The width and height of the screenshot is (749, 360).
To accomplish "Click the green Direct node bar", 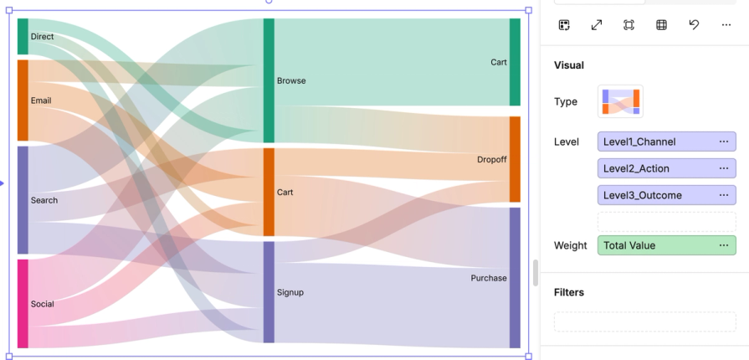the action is pos(23,37).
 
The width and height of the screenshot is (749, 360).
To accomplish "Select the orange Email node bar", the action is pos(23,100).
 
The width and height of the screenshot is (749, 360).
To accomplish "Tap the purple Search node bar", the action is pos(23,200).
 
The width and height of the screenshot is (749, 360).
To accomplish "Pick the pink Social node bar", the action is pos(23,303).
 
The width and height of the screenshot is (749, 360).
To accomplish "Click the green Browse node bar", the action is pos(269,80).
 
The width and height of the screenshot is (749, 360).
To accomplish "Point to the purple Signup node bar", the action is pos(269,292).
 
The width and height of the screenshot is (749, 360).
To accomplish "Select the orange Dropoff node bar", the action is pos(515,159).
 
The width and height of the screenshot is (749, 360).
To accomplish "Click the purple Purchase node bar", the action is pos(515,277).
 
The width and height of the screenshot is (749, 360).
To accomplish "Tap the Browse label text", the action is pos(291,81).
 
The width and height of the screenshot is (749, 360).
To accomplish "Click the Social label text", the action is pos(42,304).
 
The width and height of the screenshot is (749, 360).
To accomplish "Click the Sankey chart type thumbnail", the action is pos(620,101).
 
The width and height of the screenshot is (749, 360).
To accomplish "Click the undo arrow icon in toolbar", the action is pos(694,25).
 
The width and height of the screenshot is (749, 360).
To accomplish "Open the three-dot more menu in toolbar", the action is pos(726,25).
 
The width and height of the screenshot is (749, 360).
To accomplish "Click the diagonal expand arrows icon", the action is pos(597,25).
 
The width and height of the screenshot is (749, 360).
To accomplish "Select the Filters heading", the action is pos(569,292).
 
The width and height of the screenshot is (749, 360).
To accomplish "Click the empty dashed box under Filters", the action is pos(644,321).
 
